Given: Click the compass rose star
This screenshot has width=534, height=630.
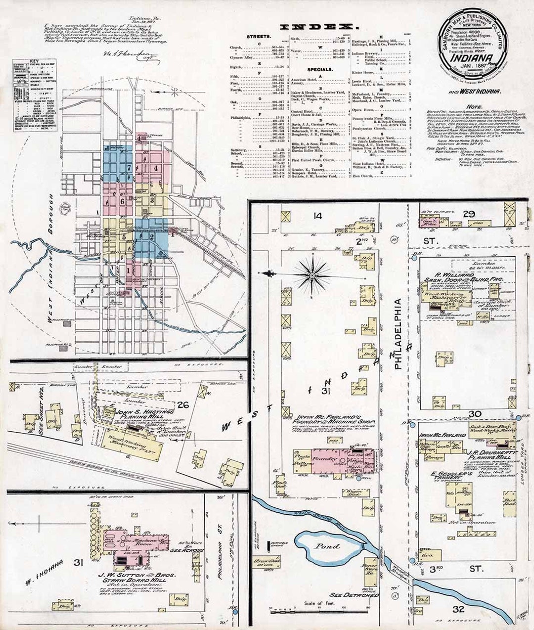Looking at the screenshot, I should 312,273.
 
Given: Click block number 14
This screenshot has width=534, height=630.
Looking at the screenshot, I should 317,216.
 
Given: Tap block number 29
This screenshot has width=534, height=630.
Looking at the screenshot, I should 469,214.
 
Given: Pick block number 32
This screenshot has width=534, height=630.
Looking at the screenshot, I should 459,609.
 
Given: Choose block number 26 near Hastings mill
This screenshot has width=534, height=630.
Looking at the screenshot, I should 183,405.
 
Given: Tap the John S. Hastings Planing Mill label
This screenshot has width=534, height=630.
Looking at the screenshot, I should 145,414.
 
